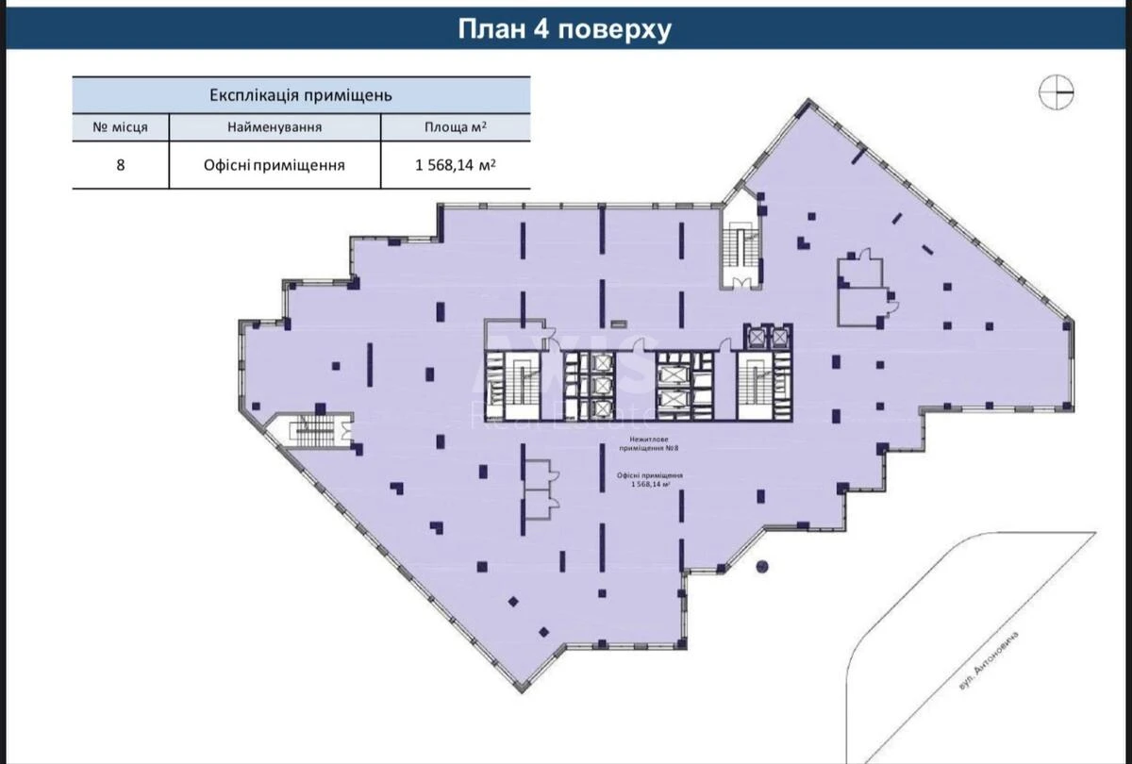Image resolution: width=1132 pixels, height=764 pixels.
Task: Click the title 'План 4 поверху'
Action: [564, 29]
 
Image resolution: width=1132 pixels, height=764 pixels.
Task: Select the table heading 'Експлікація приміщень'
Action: [301, 95]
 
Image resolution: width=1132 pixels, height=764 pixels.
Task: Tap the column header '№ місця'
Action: [120, 127]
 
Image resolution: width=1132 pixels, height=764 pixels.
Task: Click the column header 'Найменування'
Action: [275, 127]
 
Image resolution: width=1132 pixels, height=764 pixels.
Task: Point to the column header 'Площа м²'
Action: [455, 127]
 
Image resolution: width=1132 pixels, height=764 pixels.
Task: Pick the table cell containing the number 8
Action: [120, 164]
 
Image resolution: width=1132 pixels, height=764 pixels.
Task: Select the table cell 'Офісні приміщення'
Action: [275, 164]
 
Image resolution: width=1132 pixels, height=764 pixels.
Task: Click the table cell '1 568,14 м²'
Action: [455, 164]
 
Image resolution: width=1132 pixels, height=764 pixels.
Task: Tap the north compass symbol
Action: [1057, 91]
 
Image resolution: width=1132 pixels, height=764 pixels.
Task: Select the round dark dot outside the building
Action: [763, 567]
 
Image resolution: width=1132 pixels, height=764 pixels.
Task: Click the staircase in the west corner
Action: [312, 431]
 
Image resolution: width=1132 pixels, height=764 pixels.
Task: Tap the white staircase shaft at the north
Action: [741, 245]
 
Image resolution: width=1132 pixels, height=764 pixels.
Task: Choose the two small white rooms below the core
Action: [538, 489]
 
